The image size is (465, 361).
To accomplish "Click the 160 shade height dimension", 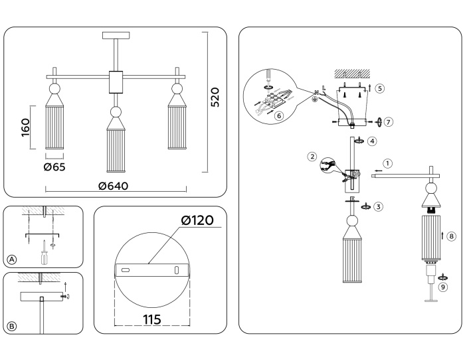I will click(x=26, y=127).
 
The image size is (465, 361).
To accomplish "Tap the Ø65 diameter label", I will click(x=54, y=167).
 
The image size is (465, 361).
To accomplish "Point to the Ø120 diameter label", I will click(x=196, y=220).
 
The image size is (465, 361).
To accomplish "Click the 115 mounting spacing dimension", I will click(x=152, y=319).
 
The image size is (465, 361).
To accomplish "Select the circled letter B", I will click(x=11, y=325).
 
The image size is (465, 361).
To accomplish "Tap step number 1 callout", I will click(x=388, y=163).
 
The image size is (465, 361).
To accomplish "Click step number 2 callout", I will click(x=312, y=157).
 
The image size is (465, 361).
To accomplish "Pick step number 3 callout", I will click(x=378, y=206).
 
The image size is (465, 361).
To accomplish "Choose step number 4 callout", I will click(x=373, y=141).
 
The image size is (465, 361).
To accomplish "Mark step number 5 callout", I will click(x=379, y=88).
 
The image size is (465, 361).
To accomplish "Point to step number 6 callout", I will click(x=279, y=115).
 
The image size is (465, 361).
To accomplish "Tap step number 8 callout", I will click(x=451, y=236).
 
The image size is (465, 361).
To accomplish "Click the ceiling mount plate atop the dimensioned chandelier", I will click(x=116, y=35).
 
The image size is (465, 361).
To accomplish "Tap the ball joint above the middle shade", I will click(x=116, y=112).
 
